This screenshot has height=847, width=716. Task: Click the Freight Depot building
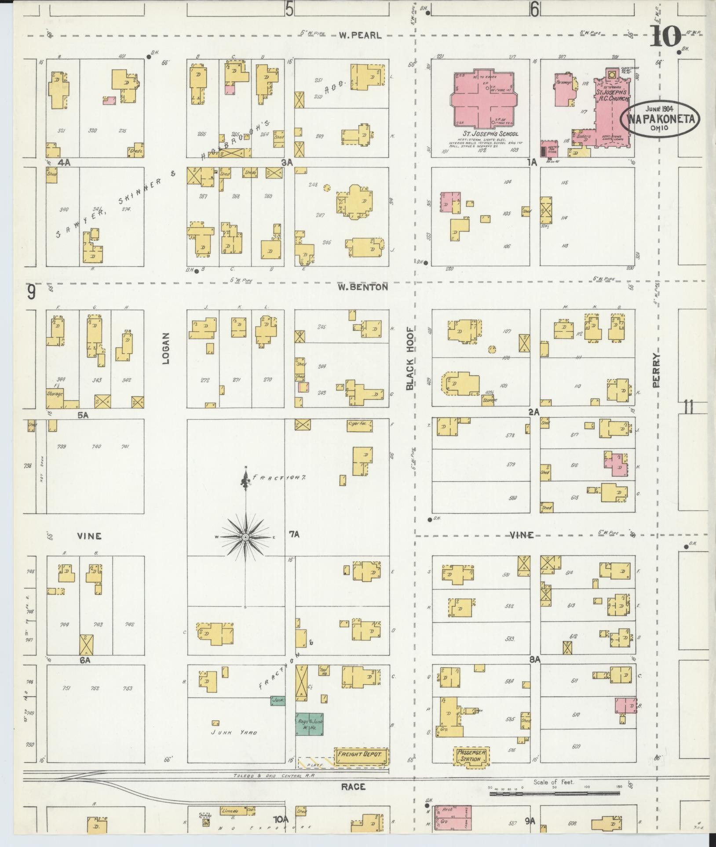point(362,756)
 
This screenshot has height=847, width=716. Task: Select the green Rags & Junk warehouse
point(309,725)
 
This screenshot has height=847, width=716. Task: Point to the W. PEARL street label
point(360,36)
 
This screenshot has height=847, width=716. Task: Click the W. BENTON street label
point(363,287)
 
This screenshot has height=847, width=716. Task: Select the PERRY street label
point(657,370)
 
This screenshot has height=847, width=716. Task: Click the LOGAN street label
point(166,354)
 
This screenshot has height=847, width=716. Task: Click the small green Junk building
point(278,700)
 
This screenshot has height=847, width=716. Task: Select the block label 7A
point(294,534)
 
